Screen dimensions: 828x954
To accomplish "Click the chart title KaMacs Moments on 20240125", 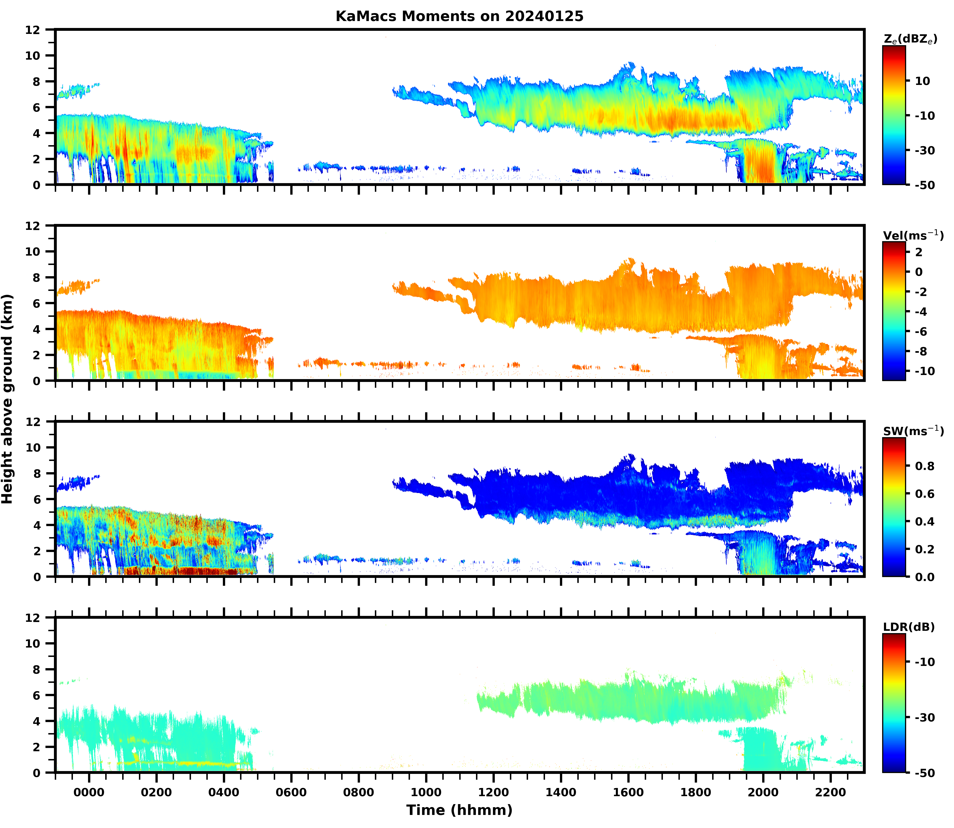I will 459,16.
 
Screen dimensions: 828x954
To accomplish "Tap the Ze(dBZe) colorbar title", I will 910,40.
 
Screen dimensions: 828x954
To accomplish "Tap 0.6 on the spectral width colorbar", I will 924,494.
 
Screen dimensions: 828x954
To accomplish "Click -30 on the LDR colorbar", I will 924,718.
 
